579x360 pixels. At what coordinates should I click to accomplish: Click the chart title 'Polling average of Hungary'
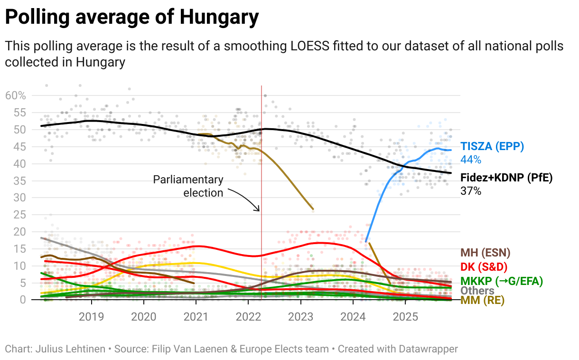coord(132,18)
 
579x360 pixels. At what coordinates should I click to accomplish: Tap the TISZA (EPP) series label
coord(492,146)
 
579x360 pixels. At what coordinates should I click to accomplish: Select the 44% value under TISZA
coord(471,160)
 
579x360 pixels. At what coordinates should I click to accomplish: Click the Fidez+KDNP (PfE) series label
coord(506,178)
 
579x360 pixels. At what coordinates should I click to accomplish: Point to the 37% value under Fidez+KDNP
coord(471,191)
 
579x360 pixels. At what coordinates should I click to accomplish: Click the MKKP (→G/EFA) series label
coord(502,281)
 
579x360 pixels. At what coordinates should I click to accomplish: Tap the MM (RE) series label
coord(482,300)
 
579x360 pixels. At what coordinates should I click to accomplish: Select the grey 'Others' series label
coord(477,291)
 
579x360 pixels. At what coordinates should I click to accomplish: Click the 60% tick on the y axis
coord(15,95)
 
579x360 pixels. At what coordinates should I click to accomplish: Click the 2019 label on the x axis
coord(91,317)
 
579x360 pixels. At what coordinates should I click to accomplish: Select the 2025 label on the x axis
coord(405,317)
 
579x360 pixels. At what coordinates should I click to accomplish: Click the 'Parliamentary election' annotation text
coord(188,186)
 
